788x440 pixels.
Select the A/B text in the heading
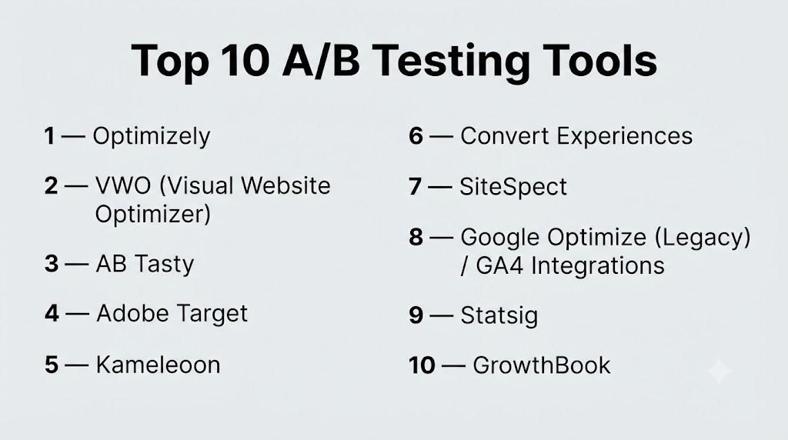click(x=321, y=60)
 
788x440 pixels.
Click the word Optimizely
click(x=152, y=137)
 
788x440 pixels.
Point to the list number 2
click(x=51, y=186)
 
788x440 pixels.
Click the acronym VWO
click(x=123, y=186)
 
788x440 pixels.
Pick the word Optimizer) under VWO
click(x=153, y=215)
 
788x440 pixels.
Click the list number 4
click(x=52, y=313)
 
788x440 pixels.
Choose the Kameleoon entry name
click(x=159, y=365)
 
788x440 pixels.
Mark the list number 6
click(x=416, y=135)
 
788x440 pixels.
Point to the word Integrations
click(x=597, y=266)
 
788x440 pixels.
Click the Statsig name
click(x=499, y=316)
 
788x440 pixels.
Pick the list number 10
click(x=422, y=365)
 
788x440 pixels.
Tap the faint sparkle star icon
click(x=720, y=372)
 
